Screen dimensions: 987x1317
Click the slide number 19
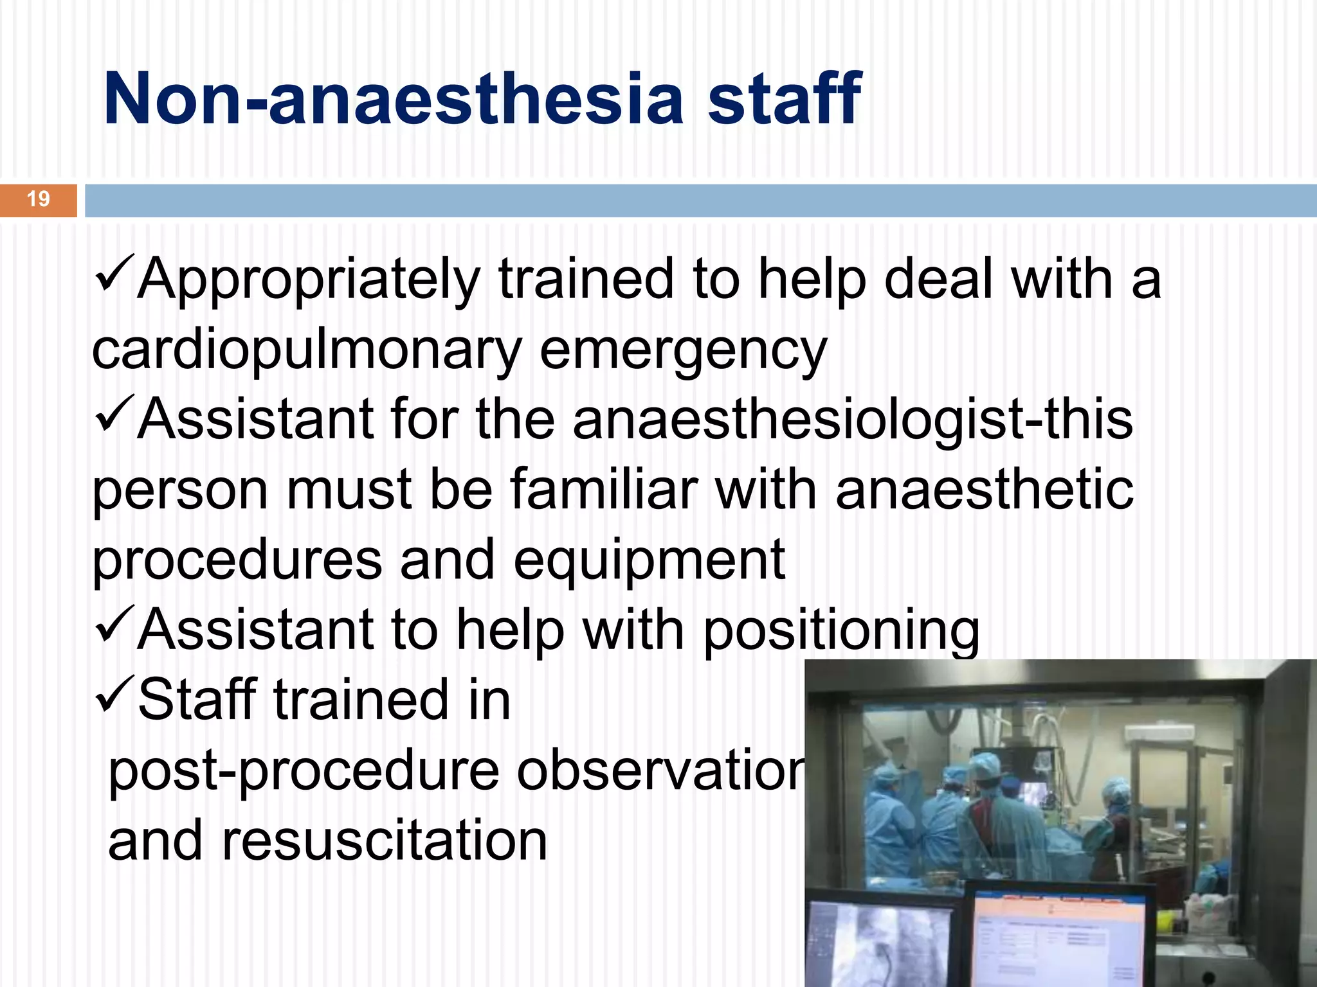tap(39, 199)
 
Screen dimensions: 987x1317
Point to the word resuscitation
tap(384, 841)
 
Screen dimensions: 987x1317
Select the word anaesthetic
tap(985, 490)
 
